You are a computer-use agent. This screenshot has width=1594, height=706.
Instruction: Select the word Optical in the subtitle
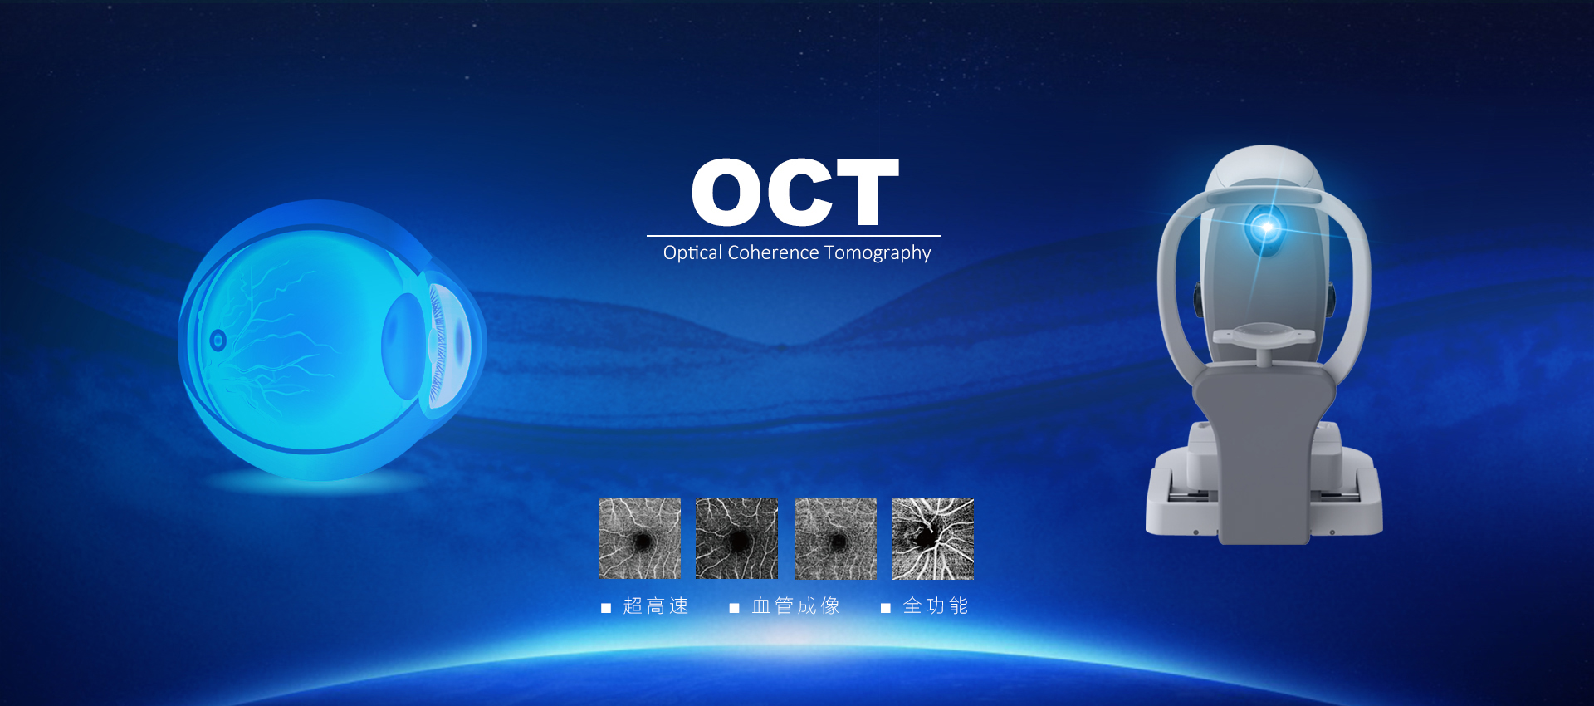(x=692, y=252)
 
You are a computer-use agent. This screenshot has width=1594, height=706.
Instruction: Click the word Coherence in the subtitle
(x=773, y=252)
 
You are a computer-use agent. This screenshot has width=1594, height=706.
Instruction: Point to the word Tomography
(x=878, y=253)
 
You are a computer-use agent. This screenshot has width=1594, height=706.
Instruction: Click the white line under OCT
(x=794, y=236)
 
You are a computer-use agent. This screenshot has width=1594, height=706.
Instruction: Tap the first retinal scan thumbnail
(x=639, y=539)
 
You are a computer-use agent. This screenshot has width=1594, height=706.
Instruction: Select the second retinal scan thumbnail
(x=736, y=539)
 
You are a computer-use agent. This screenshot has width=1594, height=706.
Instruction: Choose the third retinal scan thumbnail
(x=835, y=539)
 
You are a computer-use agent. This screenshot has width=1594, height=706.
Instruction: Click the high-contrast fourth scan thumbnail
(x=932, y=539)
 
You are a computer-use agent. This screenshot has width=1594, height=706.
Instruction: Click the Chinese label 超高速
(x=656, y=606)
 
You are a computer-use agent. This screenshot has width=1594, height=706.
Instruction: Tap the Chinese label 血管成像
(x=795, y=606)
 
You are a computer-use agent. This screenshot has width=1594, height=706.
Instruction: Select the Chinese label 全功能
(x=936, y=606)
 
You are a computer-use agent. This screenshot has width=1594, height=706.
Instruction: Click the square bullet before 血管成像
(x=734, y=608)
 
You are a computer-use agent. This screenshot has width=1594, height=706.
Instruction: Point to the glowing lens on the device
(x=1266, y=226)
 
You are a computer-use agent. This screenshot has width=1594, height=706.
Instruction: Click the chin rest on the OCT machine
(x=1264, y=336)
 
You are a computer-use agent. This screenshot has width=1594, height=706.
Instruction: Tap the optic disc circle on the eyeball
(x=218, y=340)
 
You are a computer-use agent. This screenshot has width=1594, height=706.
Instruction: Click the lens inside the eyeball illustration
(x=404, y=346)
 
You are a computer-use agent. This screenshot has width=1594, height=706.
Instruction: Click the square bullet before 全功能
(x=886, y=608)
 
